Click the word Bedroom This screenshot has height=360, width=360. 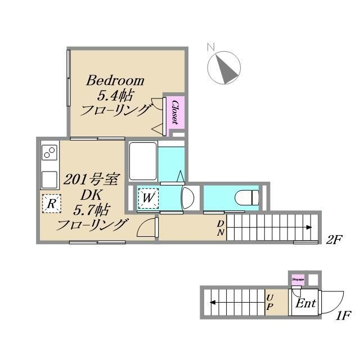click(x=115, y=80)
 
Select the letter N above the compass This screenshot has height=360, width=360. click(x=211, y=47)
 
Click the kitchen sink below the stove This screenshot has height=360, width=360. click(x=49, y=179)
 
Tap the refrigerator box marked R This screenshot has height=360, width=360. click(x=51, y=203)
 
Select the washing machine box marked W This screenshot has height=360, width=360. click(x=148, y=198)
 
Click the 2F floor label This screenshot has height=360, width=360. click(x=335, y=240)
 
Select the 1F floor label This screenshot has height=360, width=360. click(x=344, y=316)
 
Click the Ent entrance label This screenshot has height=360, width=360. click(x=305, y=304)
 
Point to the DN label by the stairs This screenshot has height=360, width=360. click(x=220, y=227)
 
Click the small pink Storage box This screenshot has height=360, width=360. click(x=297, y=278)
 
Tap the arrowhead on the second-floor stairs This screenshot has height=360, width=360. click(x=309, y=227)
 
